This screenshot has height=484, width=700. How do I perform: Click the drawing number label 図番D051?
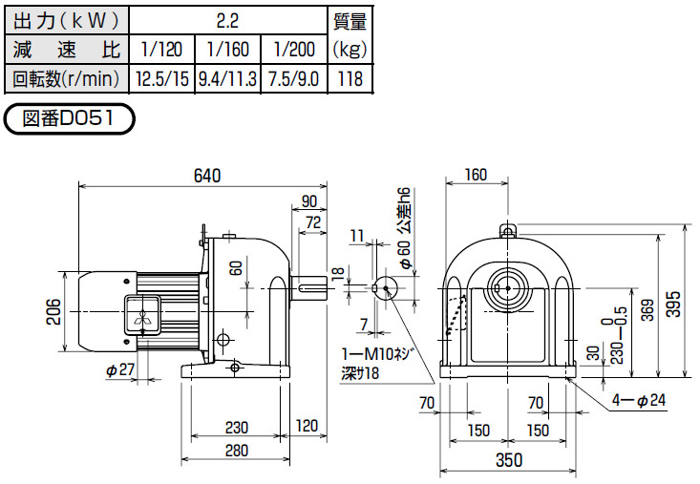coord(71,121)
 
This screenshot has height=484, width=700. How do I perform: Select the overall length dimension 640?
coord(206,176)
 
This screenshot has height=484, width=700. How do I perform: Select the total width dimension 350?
coord(510,459)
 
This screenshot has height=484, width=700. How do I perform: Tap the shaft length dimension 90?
coord(309,200)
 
